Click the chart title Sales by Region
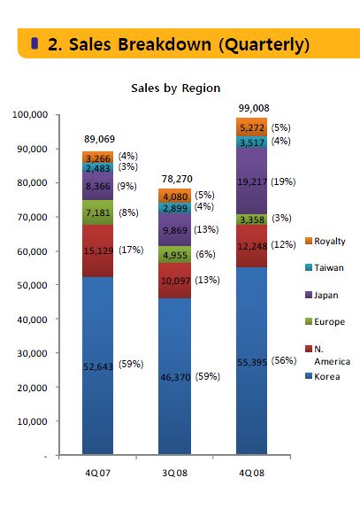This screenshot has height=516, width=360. click(175, 89)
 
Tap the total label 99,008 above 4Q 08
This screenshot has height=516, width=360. click(254, 108)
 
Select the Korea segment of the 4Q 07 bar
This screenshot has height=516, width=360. click(97, 366)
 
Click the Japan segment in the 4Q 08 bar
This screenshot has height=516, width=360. click(251, 181)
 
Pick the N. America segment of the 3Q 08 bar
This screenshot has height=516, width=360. click(174, 281)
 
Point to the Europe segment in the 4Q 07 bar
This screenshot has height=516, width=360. click(97, 212)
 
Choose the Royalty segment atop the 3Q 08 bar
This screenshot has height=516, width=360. click(174, 196)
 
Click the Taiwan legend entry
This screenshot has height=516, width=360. click(325, 267)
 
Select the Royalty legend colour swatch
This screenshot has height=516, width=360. click(309, 241)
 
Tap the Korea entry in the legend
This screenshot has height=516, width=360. click(323, 376)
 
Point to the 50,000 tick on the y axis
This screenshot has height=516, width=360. click(32, 285)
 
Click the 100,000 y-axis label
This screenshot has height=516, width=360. click(30, 114)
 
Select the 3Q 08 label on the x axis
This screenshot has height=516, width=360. click(174, 473)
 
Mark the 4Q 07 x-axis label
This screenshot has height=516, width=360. click(97, 473)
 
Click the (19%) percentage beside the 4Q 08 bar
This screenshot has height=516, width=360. click(283, 181)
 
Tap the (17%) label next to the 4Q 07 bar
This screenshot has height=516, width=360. click(131, 250)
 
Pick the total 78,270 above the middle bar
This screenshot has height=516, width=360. click(177, 179)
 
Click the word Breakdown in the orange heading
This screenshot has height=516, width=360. click(165, 44)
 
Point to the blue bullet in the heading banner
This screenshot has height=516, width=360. click(34, 43)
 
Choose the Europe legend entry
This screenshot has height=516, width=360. click(326, 321)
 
